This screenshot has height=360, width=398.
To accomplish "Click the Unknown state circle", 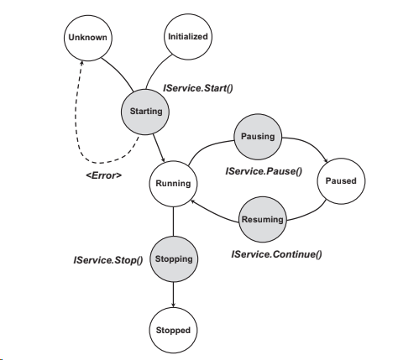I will (x=86, y=39).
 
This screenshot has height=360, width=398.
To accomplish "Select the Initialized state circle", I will (x=187, y=37).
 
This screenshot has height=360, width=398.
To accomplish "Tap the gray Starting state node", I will (x=146, y=111).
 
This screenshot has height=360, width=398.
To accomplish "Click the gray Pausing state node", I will (x=257, y=137).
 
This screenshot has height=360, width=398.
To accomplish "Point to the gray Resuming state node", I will (x=261, y=219).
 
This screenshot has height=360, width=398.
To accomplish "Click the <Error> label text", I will (x=104, y=175).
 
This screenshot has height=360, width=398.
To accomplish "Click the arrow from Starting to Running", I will (x=159, y=147).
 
